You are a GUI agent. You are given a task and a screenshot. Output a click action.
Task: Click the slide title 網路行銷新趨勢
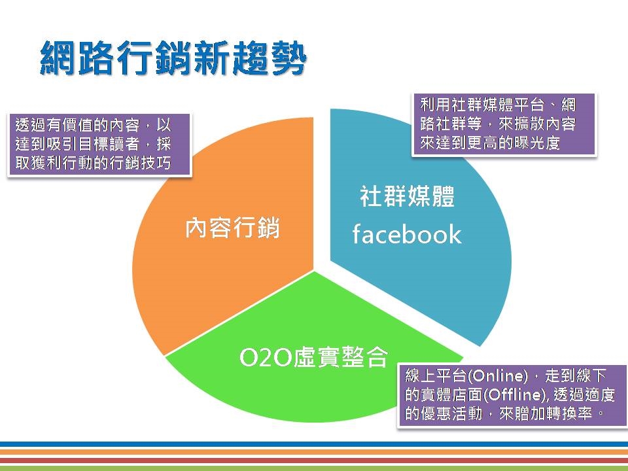click(x=173, y=58)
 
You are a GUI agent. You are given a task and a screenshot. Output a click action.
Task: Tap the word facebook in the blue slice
click(x=407, y=234)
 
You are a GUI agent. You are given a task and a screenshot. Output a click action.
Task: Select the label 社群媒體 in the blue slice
click(x=408, y=196)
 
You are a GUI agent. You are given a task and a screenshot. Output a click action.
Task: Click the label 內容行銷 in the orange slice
click(x=232, y=228)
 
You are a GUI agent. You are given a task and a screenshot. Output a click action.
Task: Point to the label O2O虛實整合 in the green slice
click(x=313, y=357)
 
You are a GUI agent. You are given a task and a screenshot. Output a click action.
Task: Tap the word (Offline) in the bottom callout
click(x=515, y=395)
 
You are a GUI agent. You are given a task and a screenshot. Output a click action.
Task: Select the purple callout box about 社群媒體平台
click(x=504, y=124)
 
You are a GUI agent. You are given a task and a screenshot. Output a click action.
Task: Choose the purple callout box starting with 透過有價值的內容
click(x=99, y=145)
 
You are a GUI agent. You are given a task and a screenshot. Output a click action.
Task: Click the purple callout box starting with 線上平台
click(x=512, y=395)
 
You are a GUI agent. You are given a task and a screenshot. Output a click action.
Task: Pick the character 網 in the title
click(x=58, y=58)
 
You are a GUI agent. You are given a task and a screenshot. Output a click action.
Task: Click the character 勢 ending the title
click(x=288, y=58)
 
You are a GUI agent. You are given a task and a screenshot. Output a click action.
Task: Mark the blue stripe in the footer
click(x=314, y=444)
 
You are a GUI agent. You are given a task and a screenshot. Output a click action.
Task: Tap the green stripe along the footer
click(x=314, y=468)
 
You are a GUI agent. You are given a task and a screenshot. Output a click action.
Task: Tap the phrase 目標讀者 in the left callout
click(x=109, y=144)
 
